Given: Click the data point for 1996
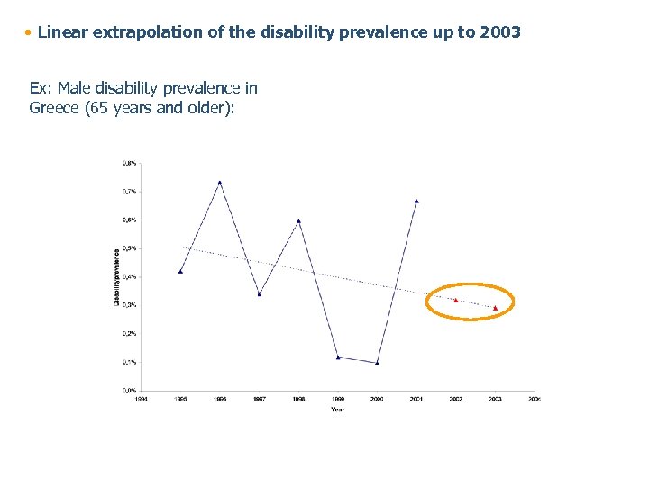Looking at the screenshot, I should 220,183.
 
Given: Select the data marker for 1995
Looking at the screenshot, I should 180,271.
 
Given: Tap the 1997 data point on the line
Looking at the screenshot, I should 259,293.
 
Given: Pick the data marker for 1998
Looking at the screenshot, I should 298,220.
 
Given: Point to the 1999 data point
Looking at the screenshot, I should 338,357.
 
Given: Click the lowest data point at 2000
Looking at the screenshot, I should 377,362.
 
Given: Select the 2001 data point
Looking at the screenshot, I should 416,202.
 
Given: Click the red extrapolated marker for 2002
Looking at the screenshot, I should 456,300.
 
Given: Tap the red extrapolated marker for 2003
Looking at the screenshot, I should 495,308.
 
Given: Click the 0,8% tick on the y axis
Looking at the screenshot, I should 130,163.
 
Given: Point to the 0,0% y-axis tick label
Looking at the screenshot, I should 130,390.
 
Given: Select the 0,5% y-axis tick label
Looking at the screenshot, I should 130,248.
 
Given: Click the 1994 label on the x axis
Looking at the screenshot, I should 141,398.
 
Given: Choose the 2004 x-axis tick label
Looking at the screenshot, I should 534,398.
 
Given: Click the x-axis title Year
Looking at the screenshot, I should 337,409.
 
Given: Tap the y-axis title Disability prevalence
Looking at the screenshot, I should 115,276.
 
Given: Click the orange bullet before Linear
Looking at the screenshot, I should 29,32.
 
